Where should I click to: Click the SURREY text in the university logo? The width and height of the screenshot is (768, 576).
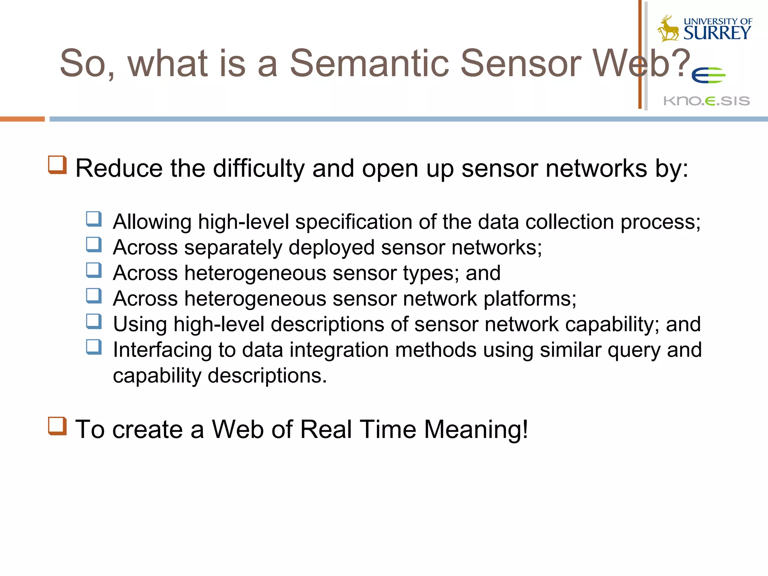(x=717, y=33)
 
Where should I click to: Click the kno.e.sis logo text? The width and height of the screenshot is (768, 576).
(x=706, y=101)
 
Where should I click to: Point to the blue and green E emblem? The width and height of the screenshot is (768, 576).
(x=708, y=76)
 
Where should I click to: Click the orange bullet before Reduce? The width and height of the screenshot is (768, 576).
(x=57, y=165)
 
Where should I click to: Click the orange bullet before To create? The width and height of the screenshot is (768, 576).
(x=57, y=426)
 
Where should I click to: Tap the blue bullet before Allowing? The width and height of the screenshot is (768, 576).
(x=94, y=219)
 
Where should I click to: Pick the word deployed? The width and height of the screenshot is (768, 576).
(x=331, y=248)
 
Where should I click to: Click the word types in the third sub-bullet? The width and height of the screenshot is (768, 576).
(x=430, y=273)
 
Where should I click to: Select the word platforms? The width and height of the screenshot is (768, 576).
(x=529, y=299)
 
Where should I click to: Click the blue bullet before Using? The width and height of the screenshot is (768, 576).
(x=94, y=321)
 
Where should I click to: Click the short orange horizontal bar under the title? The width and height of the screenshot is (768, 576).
(x=22, y=119)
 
